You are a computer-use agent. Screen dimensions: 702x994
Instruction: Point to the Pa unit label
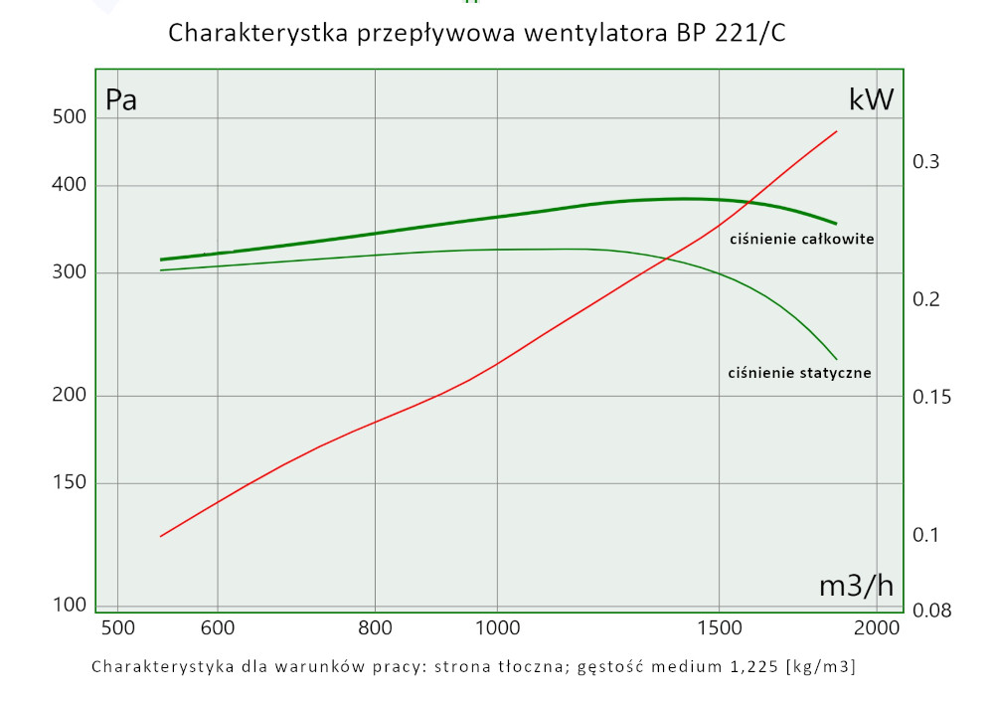tap(121, 100)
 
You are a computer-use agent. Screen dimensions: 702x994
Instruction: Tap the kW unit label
tap(871, 99)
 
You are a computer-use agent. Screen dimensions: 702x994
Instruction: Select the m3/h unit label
tap(856, 587)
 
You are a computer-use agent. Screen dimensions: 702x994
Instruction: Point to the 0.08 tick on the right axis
tap(931, 610)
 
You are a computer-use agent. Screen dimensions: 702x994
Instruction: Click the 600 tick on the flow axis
tap(217, 628)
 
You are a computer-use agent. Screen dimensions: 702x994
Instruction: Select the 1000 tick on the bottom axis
tap(497, 628)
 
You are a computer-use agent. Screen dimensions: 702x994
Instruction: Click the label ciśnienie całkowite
tap(802, 239)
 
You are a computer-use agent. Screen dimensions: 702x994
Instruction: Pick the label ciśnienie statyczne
tap(800, 373)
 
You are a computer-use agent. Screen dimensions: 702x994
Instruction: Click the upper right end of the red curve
tap(837, 131)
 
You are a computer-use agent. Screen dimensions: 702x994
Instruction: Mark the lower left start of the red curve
tap(161, 536)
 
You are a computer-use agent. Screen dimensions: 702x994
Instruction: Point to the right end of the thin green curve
tap(837, 359)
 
